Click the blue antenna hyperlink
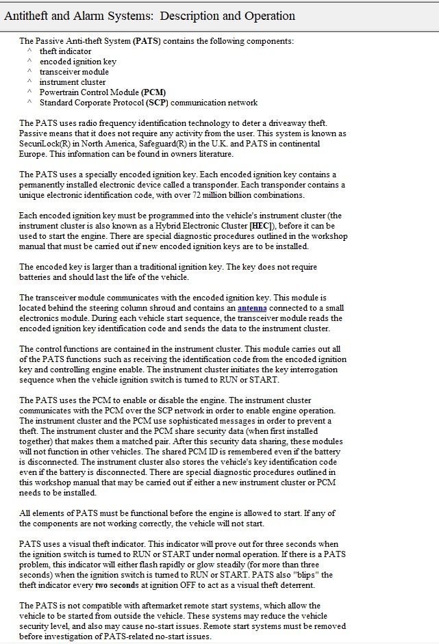pyautogui.click(x=252, y=308)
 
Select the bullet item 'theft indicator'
pyautogui.click(x=65, y=51)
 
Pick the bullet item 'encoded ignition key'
pyautogui.click(x=77, y=62)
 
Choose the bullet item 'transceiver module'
pyautogui.click(x=74, y=72)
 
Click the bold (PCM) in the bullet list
pyautogui.click(x=153, y=92)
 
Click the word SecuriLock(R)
pyautogui.click(x=45, y=144)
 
